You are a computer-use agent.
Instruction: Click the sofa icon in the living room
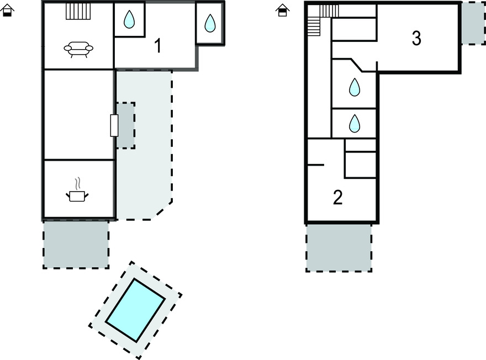click(78, 49)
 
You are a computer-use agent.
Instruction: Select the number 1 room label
click(158, 46)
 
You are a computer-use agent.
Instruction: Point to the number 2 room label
click(338, 197)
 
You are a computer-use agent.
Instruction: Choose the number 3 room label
click(416, 38)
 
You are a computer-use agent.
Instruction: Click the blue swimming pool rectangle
click(135, 310)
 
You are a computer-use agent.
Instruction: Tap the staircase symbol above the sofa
click(78, 12)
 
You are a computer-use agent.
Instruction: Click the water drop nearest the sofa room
click(129, 20)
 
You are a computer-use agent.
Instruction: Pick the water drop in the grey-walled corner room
click(210, 23)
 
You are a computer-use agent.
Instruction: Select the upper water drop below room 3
click(354, 87)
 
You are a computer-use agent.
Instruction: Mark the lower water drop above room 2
click(354, 123)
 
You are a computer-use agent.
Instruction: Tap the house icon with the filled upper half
click(282, 10)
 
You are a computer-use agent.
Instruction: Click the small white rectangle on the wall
click(114, 125)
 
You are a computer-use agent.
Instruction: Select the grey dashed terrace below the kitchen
click(76, 244)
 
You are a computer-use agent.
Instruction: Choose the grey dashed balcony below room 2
click(339, 247)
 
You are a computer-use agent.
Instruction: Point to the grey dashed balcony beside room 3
click(473, 23)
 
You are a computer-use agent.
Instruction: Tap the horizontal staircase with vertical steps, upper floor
click(329, 10)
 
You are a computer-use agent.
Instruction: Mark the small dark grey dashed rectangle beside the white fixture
click(126, 125)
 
